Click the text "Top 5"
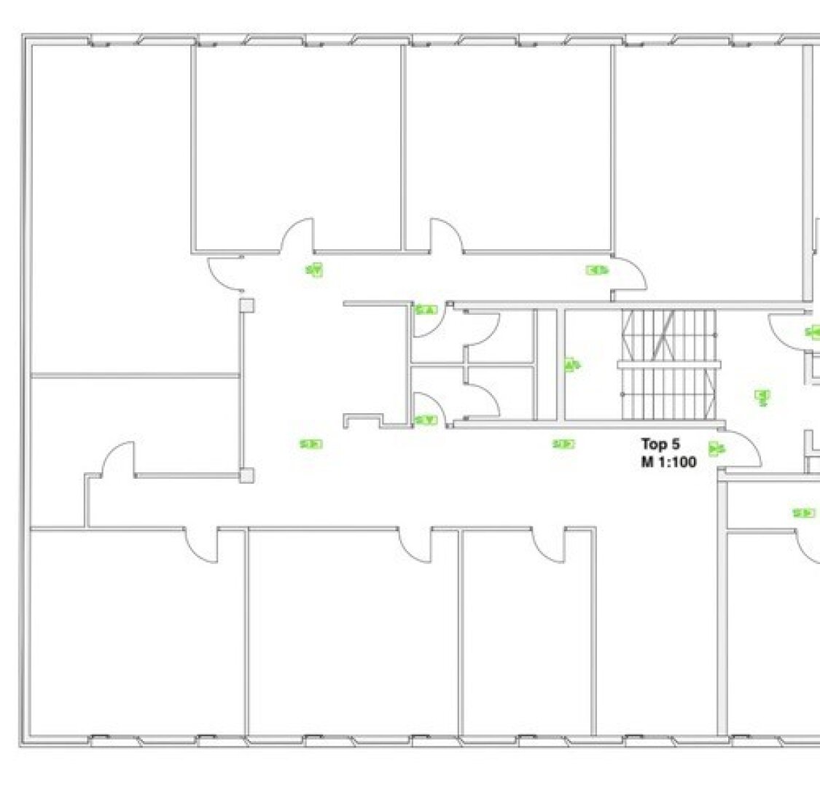tap(660, 444)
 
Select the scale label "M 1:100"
tap(669, 462)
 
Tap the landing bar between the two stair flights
tap(669, 364)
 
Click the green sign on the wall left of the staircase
tap(572, 364)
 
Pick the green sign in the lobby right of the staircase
tap(762, 397)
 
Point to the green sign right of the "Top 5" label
tap(717, 449)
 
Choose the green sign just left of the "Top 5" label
tap(563, 444)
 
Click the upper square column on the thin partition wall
tap(247, 305)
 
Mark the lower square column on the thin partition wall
tap(247, 475)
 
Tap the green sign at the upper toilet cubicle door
tap(426, 310)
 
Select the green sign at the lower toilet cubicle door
tap(426, 420)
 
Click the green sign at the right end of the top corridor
tap(598, 270)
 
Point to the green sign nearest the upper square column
tap(314, 270)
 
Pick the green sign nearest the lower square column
tap(311, 445)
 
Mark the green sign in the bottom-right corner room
tap(804, 513)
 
